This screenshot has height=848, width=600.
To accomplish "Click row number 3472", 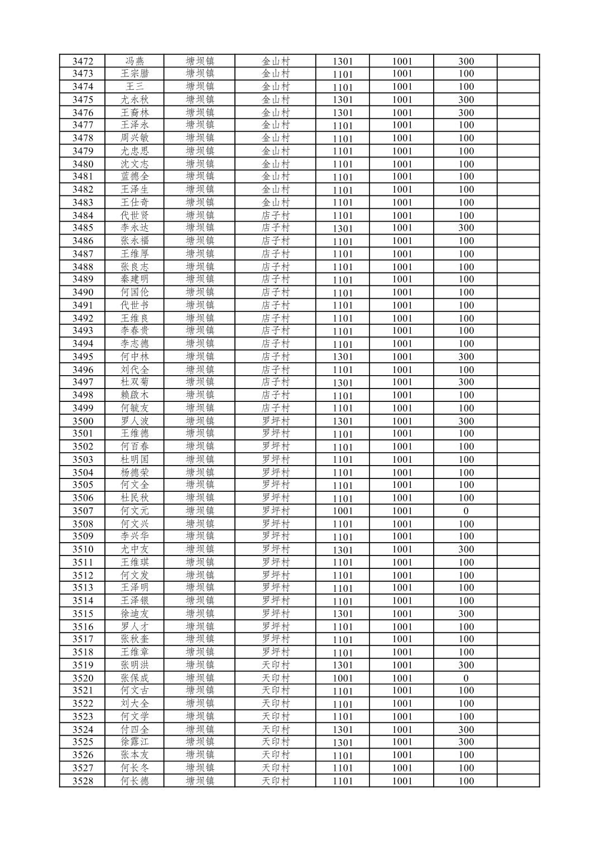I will pyautogui.click(x=83, y=61).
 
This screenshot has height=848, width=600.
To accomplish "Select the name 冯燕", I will pyautogui.click(x=135, y=61).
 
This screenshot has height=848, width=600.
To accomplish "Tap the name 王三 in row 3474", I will pyautogui.click(x=135, y=87).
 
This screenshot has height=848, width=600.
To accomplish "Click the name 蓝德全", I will pyautogui.click(x=135, y=176).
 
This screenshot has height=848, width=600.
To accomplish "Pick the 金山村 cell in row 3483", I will pyautogui.click(x=276, y=202).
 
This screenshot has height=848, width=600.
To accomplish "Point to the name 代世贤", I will pyautogui.click(x=135, y=215).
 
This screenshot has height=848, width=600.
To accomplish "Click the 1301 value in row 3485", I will pyautogui.click(x=343, y=228).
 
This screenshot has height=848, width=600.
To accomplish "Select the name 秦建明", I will pyautogui.click(x=135, y=279).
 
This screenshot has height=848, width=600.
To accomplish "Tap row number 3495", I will pyautogui.click(x=83, y=356).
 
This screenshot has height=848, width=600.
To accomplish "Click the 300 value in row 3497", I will pyautogui.click(x=466, y=382).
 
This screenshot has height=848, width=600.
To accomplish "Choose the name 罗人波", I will pyautogui.click(x=135, y=421).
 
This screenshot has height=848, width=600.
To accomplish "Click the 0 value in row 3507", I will pyautogui.click(x=466, y=511).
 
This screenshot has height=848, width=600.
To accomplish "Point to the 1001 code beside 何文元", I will pyautogui.click(x=343, y=511).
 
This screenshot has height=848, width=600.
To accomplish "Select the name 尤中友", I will pyautogui.click(x=135, y=549).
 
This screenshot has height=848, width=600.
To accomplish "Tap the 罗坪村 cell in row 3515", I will pyautogui.click(x=276, y=614).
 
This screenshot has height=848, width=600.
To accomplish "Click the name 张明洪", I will pyautogui.click(x=135, y=665).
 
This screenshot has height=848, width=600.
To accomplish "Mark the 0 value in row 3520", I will pyautogui.click(x=466, y=678).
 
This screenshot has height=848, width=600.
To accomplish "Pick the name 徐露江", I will pyautogui.click(x=135, y=742).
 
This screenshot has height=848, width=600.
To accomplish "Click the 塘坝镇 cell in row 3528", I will pyautogui.click(x=200, y=780).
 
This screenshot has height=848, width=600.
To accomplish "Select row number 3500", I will pyautogui.click(x=83, y=421).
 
